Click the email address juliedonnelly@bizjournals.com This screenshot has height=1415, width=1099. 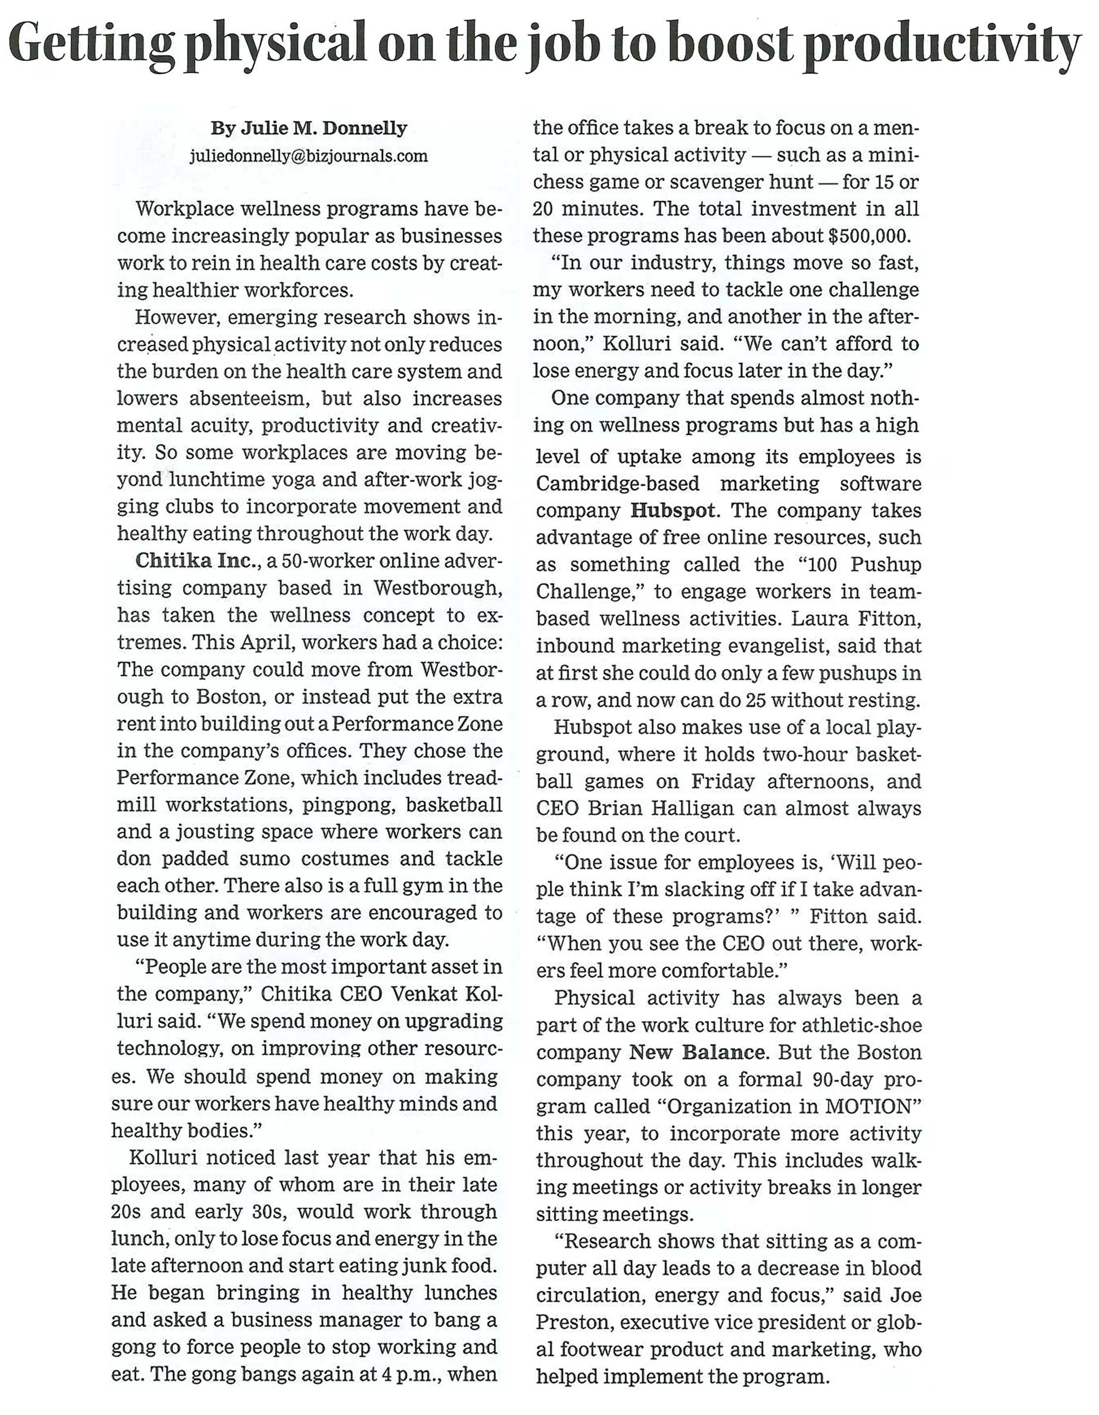coord(308,156)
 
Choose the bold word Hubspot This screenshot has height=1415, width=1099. coord(673,511)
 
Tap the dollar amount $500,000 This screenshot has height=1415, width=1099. coord(870,236)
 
